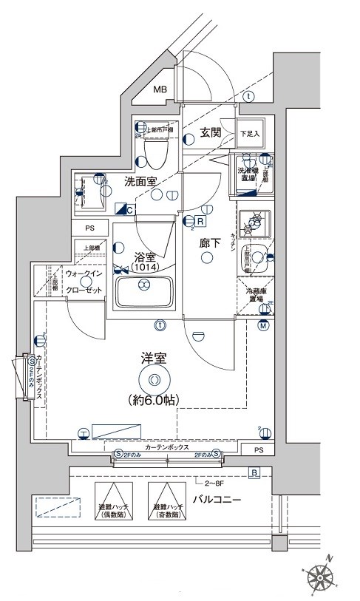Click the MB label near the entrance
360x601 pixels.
(x=160, y=90)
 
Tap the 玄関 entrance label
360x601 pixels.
(x=211, y=133)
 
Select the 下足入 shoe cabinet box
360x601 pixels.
(x=251, y=133)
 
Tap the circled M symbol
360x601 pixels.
(x=262, y=326)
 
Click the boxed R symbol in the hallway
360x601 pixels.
(x=200, y=220)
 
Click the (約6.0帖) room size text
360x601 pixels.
(x=154, y=400)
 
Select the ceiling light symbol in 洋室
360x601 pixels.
(x=154, y=380)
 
